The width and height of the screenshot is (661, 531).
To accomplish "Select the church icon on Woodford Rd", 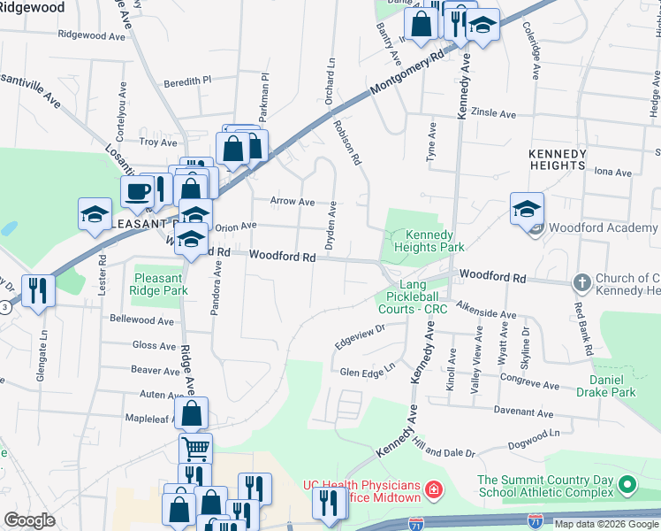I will pos(581,282).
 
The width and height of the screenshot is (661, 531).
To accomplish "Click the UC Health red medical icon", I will pos(434,489).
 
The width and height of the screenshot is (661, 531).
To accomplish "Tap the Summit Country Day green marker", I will pos(627,485).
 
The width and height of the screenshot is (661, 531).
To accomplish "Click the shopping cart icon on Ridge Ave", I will pos(195,447).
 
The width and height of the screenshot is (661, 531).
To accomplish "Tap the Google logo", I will pos(29,519).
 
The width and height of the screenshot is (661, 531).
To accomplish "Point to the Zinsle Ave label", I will pos(494,114).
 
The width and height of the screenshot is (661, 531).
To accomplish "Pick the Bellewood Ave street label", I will pos(142,318).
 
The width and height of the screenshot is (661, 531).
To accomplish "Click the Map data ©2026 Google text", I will pos(605,524).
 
